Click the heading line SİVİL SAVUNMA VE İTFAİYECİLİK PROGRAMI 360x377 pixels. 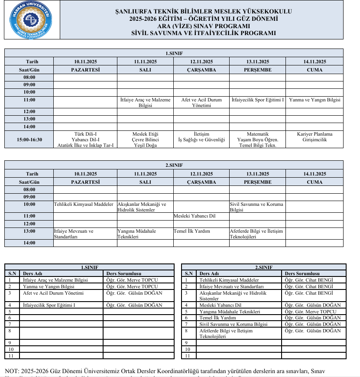click(204, 33)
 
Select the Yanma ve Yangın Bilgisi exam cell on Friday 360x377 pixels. click(315, 100)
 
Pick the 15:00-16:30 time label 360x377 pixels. click(29, 140)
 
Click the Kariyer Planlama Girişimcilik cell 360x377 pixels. click(315, 137)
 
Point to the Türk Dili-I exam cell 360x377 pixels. click(85, 134)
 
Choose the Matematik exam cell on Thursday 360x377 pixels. click(258, 134)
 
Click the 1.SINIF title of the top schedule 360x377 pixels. click(174, 53)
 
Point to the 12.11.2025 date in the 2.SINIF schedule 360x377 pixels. click(201, 174)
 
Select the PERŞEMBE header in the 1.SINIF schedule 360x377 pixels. click(258, 69)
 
